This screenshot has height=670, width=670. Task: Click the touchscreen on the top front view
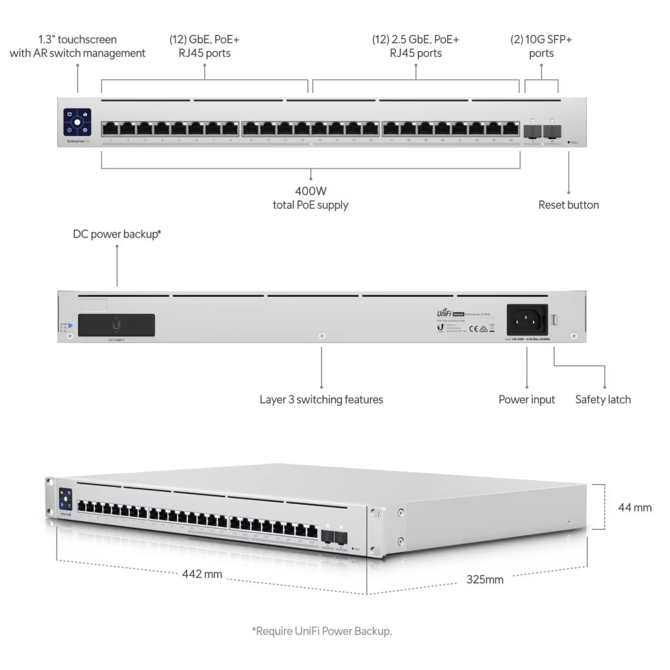pyautogui.click(x=77, y=121)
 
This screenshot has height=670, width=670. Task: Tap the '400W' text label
pyautogui.click(x=310, y=191)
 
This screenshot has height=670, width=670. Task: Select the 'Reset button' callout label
pyautogui.click(x=568, y=205)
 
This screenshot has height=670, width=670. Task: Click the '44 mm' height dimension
pyautogui.click(x=634, y=507)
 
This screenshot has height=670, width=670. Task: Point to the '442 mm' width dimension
pyautogui.click(x=202, y=574)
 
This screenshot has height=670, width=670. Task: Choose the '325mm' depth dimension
pyautogui.click(x=485, y=580)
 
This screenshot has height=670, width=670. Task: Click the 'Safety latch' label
pyautogui.click(x=603, y=399)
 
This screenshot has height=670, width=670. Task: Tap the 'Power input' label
pyautogui.click(x=527, y=399)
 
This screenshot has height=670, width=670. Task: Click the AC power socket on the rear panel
pyautogui.click(x=527, y=320)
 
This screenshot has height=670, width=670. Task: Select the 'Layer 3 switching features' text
pyautogui.click(x=321, y=399)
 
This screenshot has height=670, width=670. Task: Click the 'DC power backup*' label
pyautogui.click(x=117, y=234)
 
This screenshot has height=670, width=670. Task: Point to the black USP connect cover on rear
pyautogui.click(x=117, y=325)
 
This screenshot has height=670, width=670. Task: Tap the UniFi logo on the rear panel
pyautogui.click(x=444, y=314)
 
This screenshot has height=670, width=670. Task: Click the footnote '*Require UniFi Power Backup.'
pyautogui.click(x=322, y=631)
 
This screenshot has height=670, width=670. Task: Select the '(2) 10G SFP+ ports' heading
pyautogui.click(x=541, y=46)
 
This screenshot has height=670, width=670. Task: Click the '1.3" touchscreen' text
pyautogui.click(x=77, y=39)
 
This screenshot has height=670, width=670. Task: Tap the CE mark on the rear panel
pyautogui.click(x=473, y=329)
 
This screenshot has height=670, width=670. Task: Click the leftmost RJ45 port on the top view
pyautogui.click(x=110, y=129)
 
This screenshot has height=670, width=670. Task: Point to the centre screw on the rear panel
pyautogui.click(x=322, y=336)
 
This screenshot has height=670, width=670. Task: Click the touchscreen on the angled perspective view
pyautogui.click(x=66, y=498)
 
